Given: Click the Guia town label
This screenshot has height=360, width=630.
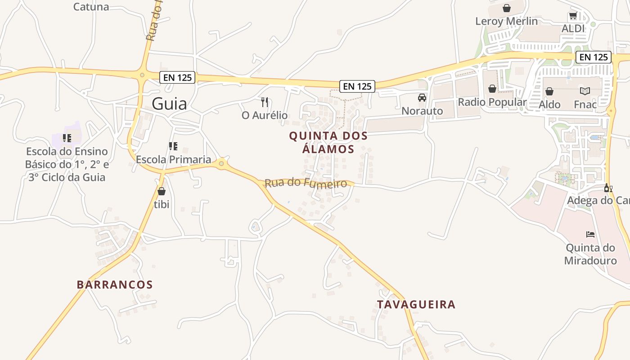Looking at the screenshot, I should click(x=169, y=104).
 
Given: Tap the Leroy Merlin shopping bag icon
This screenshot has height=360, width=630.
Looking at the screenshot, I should click(x=507, y=8).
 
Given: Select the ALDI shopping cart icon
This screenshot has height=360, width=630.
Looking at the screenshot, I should click(x=573, y=16).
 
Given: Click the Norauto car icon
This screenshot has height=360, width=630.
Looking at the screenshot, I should click(x=422, y=98).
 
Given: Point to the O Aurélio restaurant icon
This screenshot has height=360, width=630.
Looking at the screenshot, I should click(x=265, y=102).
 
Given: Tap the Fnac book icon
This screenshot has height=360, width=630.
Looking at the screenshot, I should click(x=585, y=91).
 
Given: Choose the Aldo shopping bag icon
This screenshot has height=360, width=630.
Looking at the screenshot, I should click(x=549, y=91).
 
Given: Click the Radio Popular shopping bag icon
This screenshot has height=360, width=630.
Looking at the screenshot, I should click(x=492, y=89).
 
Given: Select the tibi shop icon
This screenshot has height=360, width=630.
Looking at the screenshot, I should click(x=162, y=191).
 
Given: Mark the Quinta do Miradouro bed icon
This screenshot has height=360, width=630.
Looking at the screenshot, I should click(x=590, y=234).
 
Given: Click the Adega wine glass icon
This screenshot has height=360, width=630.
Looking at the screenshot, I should click(x=608, y=188).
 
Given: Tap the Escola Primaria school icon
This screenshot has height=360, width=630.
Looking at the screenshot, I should click(x=173, y=146).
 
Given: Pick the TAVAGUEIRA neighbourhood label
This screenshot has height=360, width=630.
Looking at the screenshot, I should click(x=416, y=305).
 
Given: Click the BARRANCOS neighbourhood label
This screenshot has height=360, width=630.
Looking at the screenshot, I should click(x=115, y=285).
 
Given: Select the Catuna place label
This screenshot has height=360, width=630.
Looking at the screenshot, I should click(x=91, y=7).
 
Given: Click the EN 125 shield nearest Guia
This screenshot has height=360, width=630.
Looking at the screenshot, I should click(x=178, y=77).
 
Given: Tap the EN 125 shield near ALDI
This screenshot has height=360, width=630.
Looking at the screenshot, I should click(x=594, y=57).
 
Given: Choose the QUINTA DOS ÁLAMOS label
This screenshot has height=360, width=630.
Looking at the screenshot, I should click(x=328, y=142).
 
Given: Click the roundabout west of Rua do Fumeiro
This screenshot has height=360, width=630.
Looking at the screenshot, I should click(x=221, y=164).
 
